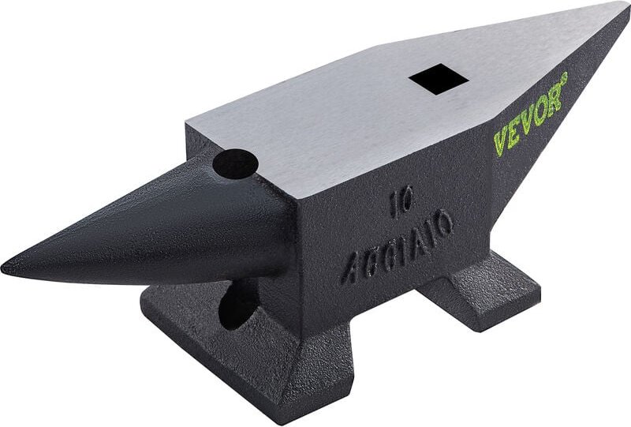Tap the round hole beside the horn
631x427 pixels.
pos(235,164)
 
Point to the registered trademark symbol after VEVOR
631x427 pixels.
pos(564,77)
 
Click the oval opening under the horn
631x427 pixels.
pos(237,308)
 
